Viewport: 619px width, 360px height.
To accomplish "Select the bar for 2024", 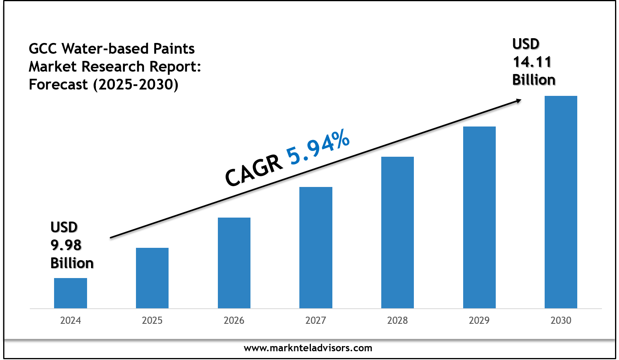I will click(x=70, y=293).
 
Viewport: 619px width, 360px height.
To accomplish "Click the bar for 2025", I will click(x=152, y=278).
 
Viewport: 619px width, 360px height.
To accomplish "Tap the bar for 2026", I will click(x=234, y=263).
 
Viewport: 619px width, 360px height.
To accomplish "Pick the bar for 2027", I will click(x=316, y=247).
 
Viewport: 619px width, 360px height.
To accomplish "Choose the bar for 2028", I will click(x=398, y=232).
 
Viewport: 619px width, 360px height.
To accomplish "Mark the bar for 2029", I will click(x=479, y=217).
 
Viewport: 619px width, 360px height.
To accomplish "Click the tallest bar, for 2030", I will click(x=561, y=202).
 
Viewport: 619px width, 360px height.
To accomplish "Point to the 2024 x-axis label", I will click(x=70, y=321).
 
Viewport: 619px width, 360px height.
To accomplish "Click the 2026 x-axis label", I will click(x=234, y=321).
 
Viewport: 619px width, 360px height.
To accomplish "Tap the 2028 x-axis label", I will click(x=398, y=321).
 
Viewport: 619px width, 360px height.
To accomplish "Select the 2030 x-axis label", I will click(x=561, y=321).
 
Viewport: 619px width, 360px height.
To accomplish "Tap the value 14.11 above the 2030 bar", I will click(x=532, y=62).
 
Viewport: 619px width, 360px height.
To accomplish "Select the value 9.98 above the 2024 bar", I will click(x=66, y=245).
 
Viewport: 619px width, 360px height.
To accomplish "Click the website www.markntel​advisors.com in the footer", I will click(x=308, y=348).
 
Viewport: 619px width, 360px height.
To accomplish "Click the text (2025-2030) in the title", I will click(x=136, y=84).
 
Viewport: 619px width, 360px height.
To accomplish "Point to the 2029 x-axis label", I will click(x=479, y=321).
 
